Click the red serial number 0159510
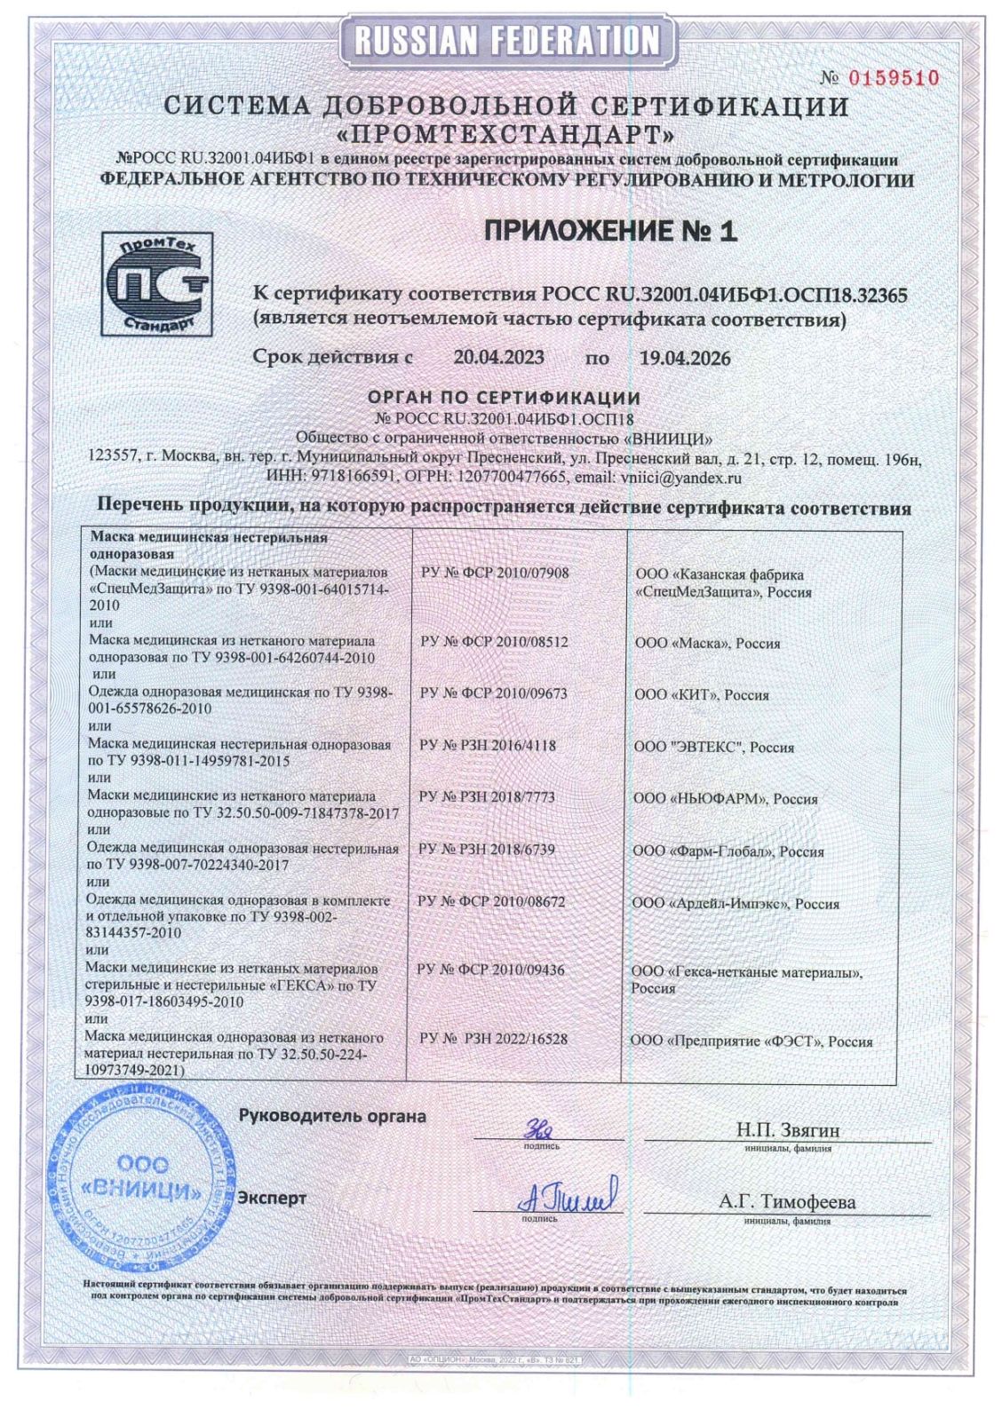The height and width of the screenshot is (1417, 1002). (x=895, y=78)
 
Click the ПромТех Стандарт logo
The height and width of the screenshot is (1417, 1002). (x=156, y=283)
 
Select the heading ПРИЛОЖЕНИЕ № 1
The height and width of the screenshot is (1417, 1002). (x=611, y=232)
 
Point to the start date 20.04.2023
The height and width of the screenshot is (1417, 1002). (x=498, y=358)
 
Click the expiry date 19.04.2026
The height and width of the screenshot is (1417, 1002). (x=685, y=359)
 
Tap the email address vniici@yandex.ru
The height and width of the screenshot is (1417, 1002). (x=683, y=478)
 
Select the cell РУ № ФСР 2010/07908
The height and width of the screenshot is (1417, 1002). (x=494, y=573)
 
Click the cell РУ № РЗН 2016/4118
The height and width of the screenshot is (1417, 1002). (x=488, y=746)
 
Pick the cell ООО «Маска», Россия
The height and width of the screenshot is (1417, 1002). (x=707, y=643)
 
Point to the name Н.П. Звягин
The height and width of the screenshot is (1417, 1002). (x=787, y=1131)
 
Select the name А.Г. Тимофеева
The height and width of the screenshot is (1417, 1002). (x=787, y=1202)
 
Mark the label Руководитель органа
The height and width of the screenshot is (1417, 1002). (x=332, y=1116)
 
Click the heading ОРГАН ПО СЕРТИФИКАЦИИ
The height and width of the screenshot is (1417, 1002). (x=504, y=398)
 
